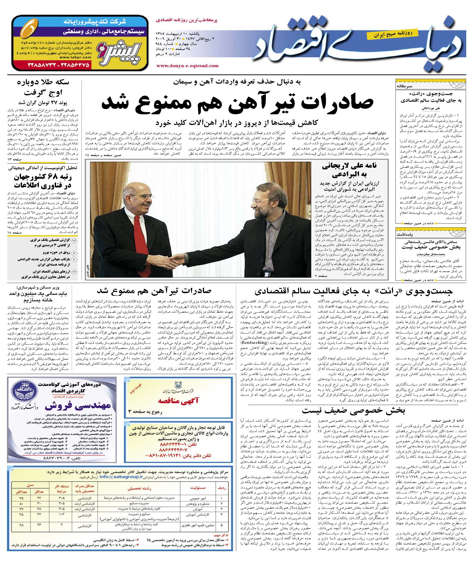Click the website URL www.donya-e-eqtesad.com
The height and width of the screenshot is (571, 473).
click(187, 65)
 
